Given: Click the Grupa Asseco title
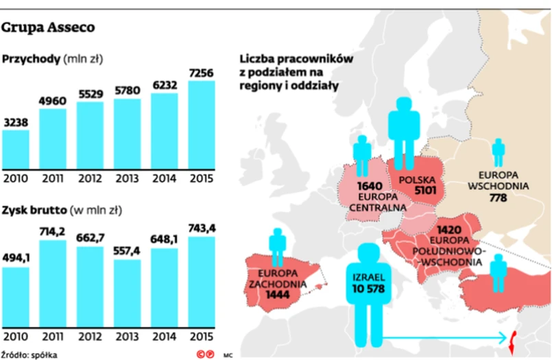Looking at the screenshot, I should (x=49, y=28).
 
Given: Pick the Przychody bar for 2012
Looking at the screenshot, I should (x=90, y=136).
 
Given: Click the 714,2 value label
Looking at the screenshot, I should (x=53, y=232).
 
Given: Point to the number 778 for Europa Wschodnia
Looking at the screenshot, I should (x=498, y=198).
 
